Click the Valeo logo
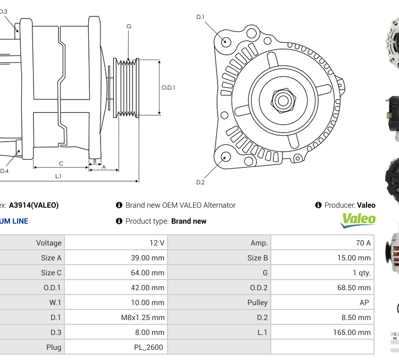click(x=358, y=220)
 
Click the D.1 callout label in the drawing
click(x=201, y=17)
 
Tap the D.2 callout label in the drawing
click(x=201, y=183)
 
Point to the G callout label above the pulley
click(x=129, y=26)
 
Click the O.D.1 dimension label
click(x=168, y=87)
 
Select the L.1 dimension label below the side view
click(x=58, y=176)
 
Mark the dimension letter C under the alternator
click(x=61, y=163)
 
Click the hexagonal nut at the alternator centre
click(x=283, y=100)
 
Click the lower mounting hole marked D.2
click(x=226, y=157)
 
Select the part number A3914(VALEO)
click(x=34, y=205)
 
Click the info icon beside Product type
click(x=119, y=221)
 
